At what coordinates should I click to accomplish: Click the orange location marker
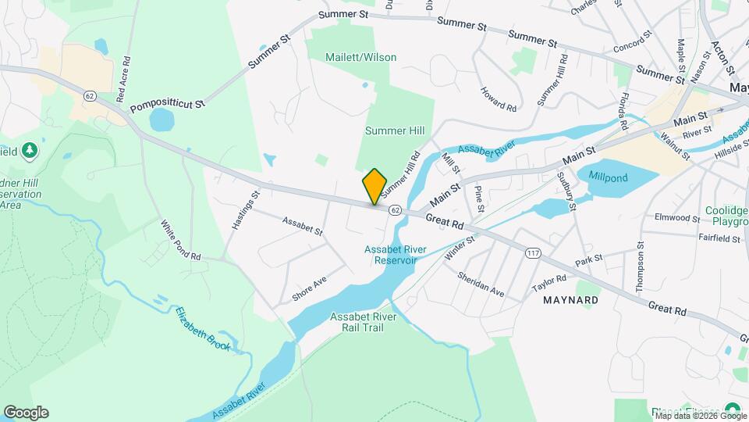tap(374, 186)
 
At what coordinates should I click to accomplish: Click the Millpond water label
tap(608, 177)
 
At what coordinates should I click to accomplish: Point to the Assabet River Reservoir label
tap(395, 255)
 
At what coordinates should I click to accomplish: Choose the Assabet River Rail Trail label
tap(364, 322)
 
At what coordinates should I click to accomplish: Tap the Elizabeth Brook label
tap(202, 329)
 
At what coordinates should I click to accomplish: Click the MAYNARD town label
tap(571, 300)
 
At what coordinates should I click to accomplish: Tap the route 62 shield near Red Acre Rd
tap(91, 95)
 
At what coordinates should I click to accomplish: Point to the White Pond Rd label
tap(181, 240)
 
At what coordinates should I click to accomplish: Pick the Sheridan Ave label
tap(481, 284)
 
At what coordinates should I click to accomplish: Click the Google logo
tap(26, 413)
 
